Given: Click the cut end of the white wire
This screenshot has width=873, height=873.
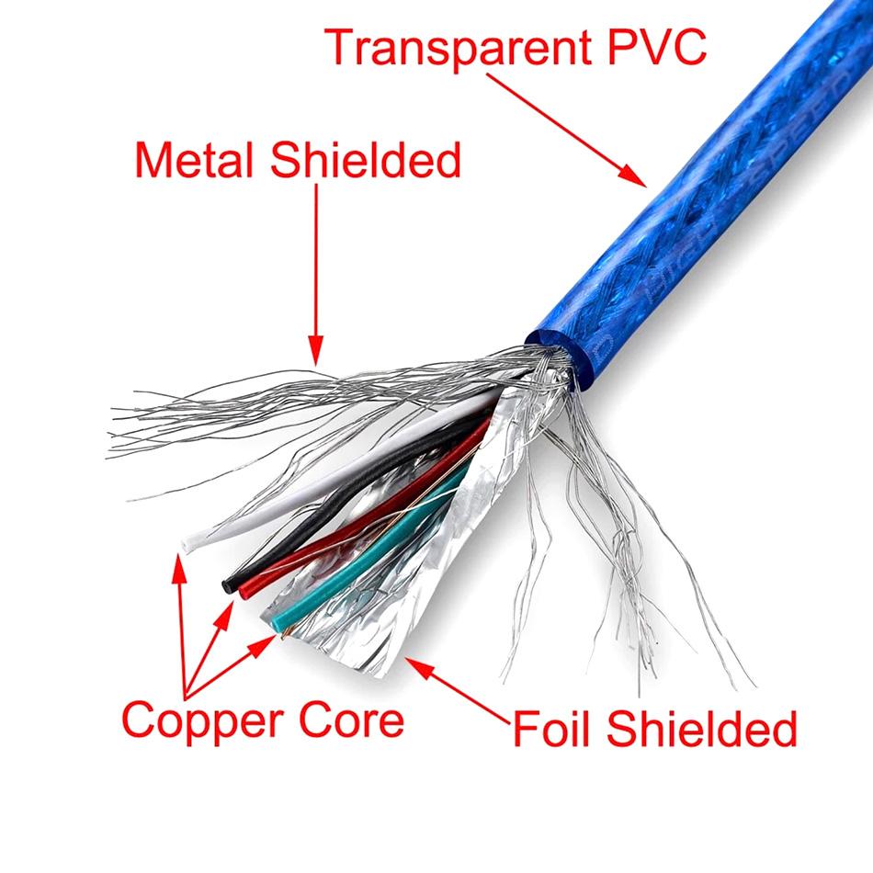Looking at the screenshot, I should tap(188, 544).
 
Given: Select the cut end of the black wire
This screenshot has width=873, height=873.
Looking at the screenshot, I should tap(228, 582).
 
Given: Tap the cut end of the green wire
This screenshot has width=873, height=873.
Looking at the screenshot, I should tap(278, 625).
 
